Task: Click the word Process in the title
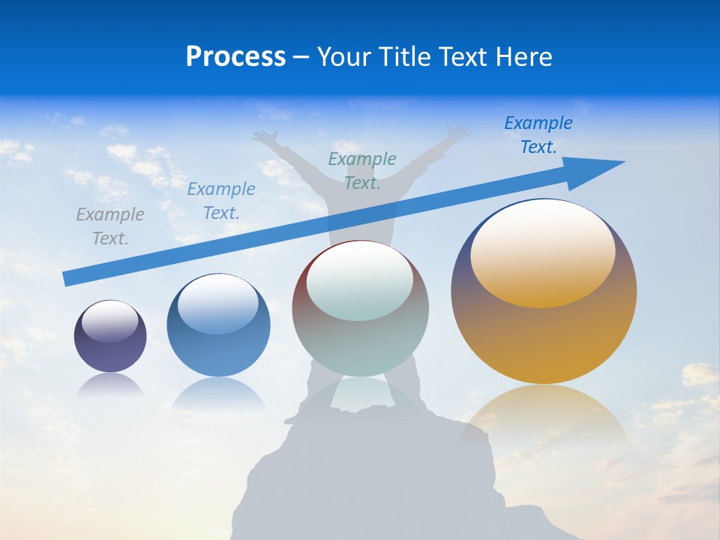pos(235,57)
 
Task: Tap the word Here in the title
pos(523,57)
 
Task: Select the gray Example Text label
pos(110,226)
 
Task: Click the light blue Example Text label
pos(221,201)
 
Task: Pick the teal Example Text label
pos(362,170)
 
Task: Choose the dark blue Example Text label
pos(538,135)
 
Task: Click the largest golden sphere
pos(544,330)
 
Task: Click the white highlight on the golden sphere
pos(543,250)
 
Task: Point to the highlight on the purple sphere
pos(110,321)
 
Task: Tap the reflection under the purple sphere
pos(110,384)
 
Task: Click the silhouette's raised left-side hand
pos(264,136)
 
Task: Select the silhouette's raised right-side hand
pos(459,133)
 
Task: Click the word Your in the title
pos(345,57)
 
